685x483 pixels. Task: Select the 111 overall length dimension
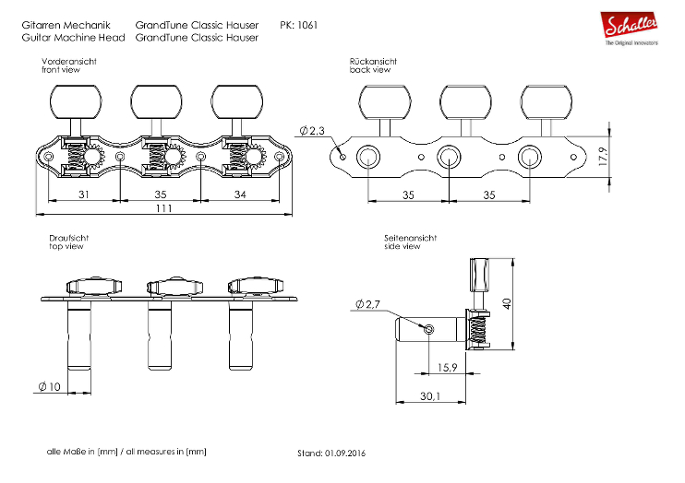click(x=163, y=209)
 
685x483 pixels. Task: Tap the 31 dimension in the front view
click(x=83, y=194)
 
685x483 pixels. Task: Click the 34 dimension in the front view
click(x=240, y=194)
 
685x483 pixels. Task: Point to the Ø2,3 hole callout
click(x=313, y=132)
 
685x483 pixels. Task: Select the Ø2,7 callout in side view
click(x=367, y=304)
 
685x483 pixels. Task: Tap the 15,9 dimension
click(x=447, y=368)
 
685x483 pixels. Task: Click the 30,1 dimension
click(x=431, y=398)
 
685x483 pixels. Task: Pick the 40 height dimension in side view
click(x=507, y=303)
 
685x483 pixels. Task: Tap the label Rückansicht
click(x=371, y=61)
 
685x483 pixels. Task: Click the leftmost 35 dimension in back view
click(x=407, y=194)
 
